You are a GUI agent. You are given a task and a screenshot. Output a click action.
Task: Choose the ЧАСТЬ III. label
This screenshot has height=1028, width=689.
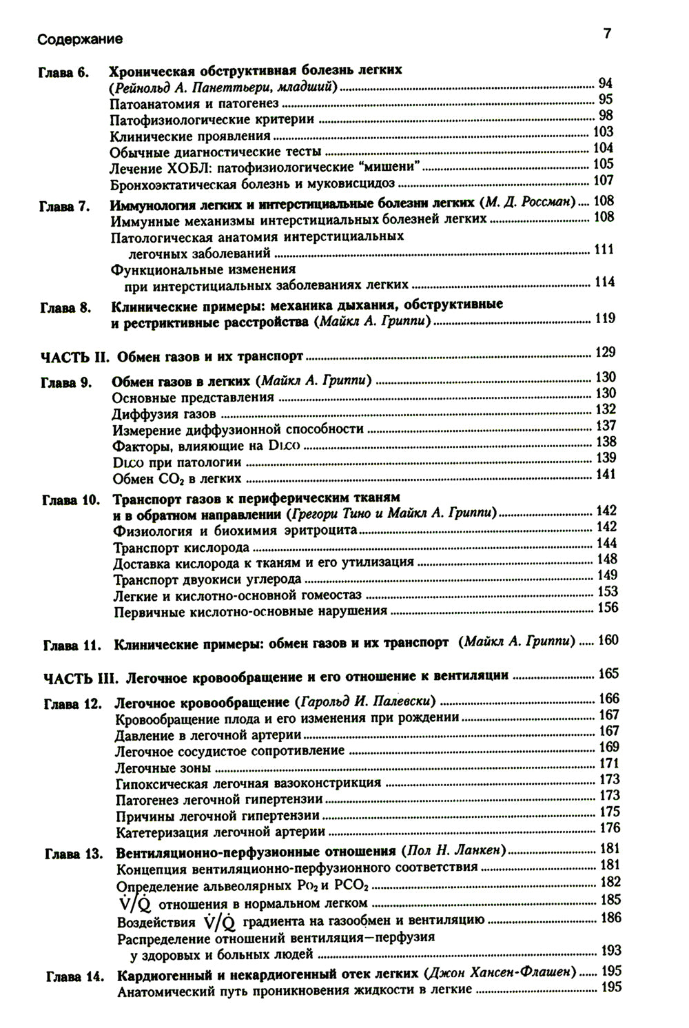(x=81, y=677)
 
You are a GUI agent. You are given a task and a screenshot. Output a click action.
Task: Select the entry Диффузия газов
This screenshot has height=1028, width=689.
(x=164, y=414)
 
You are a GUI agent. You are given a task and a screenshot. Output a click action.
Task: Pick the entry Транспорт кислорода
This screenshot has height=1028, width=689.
(x=181, y=548)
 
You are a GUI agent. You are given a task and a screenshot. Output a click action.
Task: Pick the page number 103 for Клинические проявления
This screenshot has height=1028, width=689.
(x=603, y=132)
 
